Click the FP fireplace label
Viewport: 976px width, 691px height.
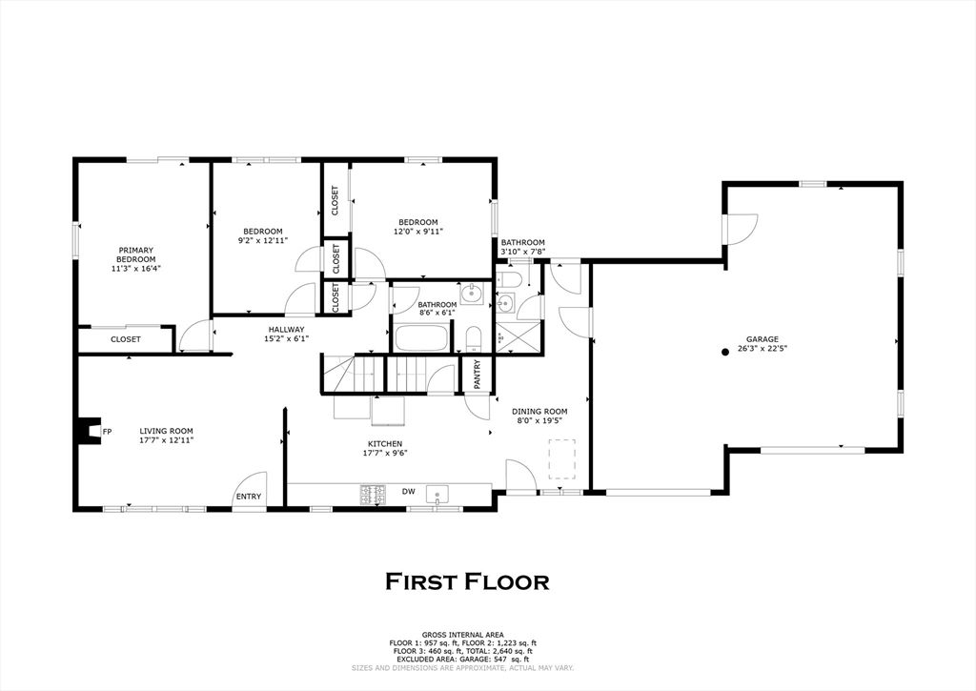point(107,432)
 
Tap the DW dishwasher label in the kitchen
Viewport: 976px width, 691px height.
point(408,492)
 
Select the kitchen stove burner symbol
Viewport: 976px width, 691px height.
point(372,494)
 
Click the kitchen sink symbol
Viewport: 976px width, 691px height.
point(437,494)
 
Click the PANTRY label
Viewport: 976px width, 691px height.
point(478,375)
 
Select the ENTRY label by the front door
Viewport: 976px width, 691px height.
point(248,497)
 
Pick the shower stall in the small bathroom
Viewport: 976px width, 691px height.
point(518,337)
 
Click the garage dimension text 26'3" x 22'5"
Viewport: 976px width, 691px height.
point(762,349)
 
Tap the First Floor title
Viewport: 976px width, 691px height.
point(467,581)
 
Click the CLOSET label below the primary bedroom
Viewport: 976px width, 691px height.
point(125,339)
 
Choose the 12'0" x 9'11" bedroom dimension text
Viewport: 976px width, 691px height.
point(417,231)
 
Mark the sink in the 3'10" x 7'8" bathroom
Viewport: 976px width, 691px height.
point(505,304)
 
